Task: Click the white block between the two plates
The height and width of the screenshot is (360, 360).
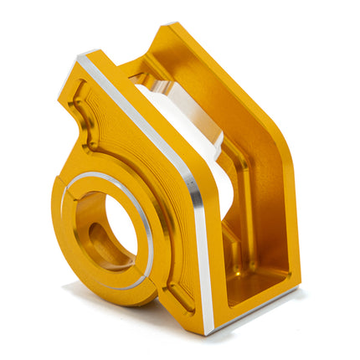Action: tap(193, 134)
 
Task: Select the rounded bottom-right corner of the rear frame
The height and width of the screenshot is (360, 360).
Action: tap(293, 285)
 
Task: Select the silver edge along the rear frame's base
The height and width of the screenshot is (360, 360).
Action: tap(260, 308)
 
